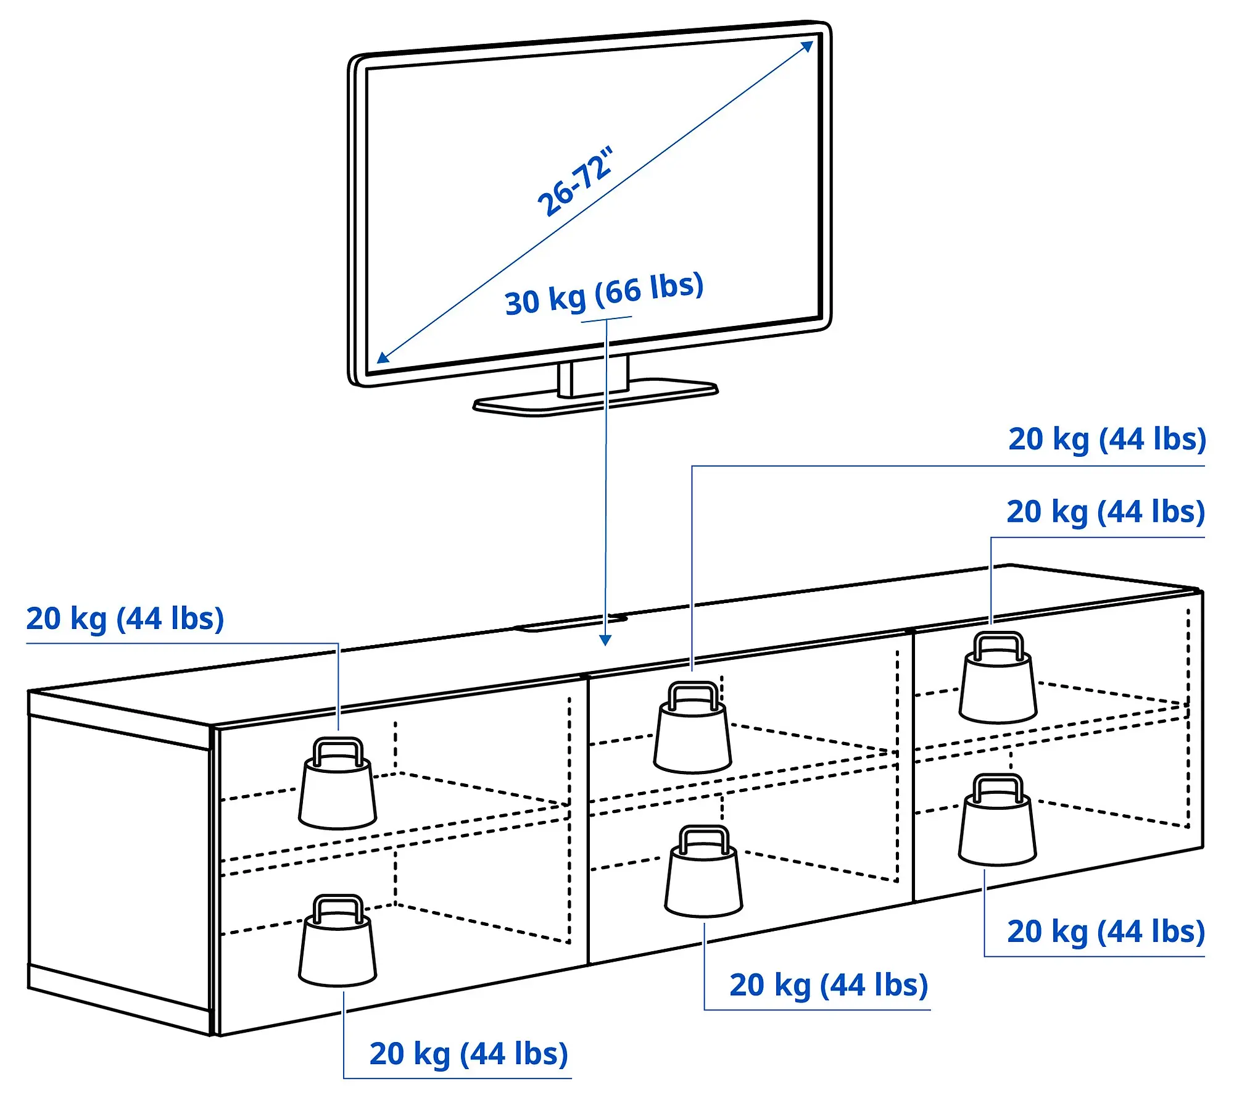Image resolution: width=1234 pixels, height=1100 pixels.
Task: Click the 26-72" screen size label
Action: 575,181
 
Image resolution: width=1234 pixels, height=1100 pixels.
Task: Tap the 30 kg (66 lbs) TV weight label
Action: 604,294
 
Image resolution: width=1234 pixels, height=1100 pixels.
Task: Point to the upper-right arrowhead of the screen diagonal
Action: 808,47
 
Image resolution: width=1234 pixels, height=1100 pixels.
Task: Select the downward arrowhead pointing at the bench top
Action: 606,640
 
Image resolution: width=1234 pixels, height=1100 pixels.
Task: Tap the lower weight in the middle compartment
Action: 704,880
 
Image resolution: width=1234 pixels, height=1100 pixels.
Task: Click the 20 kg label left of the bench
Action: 125,619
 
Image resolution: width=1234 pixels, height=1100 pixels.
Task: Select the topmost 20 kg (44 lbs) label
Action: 1107,440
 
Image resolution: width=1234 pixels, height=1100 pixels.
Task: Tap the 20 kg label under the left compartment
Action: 468,1054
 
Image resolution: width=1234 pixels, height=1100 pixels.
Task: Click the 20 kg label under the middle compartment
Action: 829,985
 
